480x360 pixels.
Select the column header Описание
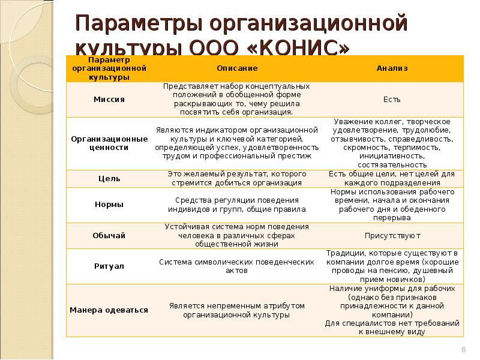tap(237, 68)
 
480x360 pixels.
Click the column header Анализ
tap(392, 68)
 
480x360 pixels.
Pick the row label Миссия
tap(109, 100)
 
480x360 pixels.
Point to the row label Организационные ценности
tap(109, 143)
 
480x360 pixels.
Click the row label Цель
tap(109, 179)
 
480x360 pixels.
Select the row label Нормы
tap(109, 205)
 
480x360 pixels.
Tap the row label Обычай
tap(109, 236)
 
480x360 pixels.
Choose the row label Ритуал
tap(109, 266)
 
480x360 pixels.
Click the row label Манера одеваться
tap(109, 310)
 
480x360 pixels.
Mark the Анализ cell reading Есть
tap(392, 100)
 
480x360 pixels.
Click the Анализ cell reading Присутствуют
tap(392, 236)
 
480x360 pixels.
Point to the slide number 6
tap(463, 350)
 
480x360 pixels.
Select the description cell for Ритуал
tap(237, 266)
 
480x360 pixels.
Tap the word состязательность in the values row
tap(392, 164)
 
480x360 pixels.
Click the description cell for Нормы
tap(237, 205)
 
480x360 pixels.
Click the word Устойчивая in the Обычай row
tap(185, 227)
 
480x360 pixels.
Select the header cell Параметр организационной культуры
tap(109, 68)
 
